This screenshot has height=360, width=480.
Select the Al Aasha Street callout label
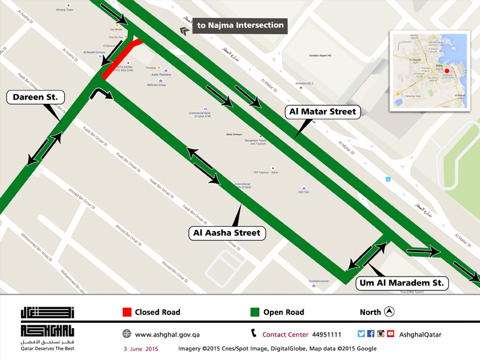227,232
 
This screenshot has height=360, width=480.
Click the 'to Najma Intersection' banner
239,25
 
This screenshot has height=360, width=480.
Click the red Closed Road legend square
127,312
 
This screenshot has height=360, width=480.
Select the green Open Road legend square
254,312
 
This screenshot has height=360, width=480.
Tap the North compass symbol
389,311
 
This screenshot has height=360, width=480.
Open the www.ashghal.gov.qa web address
166,334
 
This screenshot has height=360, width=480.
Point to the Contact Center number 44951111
326,334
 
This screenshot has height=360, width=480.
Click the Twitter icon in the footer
361,334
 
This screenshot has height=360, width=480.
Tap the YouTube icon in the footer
390,334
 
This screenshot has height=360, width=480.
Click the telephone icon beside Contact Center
254,334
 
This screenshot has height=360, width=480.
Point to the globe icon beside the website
127,334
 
